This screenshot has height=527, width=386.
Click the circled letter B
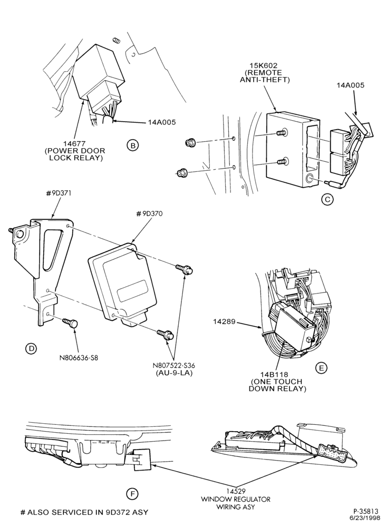(133, 145)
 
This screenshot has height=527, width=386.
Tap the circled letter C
(327, 199)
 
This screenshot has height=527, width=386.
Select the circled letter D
(31, 348)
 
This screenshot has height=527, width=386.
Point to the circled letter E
(321, 368)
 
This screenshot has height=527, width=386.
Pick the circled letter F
(132, 494)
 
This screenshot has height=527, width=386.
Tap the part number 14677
(74, 144)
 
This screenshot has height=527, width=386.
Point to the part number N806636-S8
(77, 358)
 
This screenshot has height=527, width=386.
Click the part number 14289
(223, 321)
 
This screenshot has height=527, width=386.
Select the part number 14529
(235, 492)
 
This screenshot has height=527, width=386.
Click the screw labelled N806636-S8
(70, 323)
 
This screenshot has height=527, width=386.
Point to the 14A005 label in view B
(162, 122)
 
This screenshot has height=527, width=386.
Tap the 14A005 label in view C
(350, 85)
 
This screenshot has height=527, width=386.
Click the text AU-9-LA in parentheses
(174, 373)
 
